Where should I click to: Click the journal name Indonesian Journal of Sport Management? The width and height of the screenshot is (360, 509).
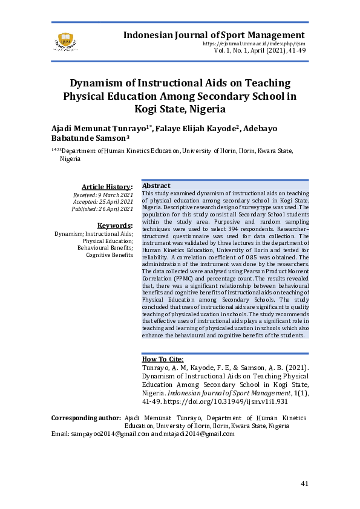pos(214,35)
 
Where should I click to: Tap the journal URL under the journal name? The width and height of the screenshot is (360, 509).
pos(254,44)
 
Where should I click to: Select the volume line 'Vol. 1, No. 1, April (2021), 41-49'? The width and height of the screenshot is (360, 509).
pos(259,51)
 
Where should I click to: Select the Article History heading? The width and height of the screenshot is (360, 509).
pos(107,187)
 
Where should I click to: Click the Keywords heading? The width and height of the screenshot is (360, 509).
pos(115,225)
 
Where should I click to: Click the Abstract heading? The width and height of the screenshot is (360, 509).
pos(156,186)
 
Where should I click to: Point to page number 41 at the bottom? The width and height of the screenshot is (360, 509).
pos(305,484)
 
